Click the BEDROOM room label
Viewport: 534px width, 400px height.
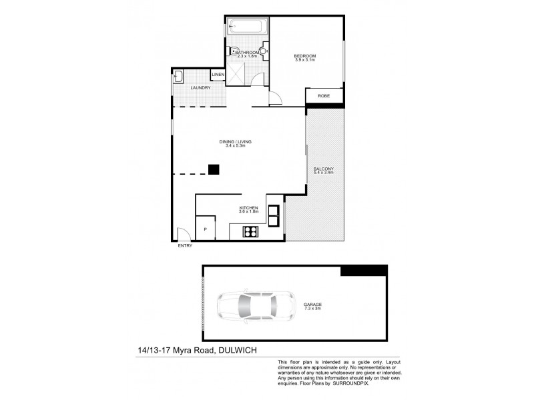point(304,55)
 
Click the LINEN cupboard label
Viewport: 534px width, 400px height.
point(218,75)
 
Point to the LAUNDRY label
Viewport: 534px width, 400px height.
point(200,88)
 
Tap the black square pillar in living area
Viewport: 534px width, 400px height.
point(214,169)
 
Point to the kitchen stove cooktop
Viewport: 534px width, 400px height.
point(252,232)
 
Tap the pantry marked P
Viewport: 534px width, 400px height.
point(205,229)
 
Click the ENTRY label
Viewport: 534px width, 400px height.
point(185,246)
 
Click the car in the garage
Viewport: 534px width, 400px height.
point(254,306)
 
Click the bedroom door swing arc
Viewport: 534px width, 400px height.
point(275,99)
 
